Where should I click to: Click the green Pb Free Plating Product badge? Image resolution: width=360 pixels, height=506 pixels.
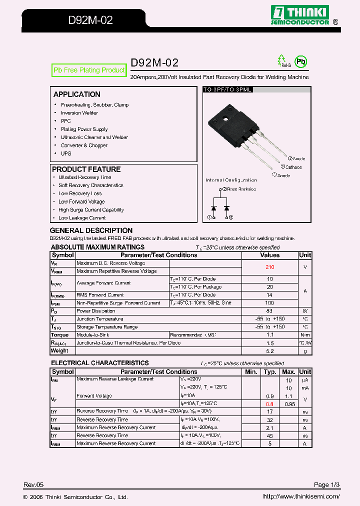[x=88, y=70]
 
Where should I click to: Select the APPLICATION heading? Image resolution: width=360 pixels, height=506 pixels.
[x=76, y=94]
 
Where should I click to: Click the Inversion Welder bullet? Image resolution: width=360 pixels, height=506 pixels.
[x=79, y=113]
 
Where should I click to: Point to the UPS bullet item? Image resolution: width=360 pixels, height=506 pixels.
[x=66, y=153]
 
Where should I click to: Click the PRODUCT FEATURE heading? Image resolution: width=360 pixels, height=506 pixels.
[x=86, y=169]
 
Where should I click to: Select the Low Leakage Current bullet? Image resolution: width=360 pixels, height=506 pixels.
[x=82, y=218]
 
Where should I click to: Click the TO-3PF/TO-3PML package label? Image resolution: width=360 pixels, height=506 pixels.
[x=227, y=89]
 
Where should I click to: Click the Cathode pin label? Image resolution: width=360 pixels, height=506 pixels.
[x=293, y=167]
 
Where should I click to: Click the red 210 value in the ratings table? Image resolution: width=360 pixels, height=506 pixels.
[x=270, y=267]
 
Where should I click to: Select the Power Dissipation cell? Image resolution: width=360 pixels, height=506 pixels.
[x=96, y=311]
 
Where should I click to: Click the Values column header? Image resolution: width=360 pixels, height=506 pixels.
[x=270, y=255]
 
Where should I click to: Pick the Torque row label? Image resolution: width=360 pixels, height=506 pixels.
[x=60, y=335]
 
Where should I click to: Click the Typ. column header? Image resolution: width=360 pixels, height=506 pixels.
[x=270, y=372]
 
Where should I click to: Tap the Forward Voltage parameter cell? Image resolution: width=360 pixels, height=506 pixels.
[x=94, y=396]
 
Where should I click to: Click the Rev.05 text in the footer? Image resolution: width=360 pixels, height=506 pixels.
[x=34, y=485]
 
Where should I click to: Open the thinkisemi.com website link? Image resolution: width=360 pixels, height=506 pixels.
[x=301, y=496]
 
